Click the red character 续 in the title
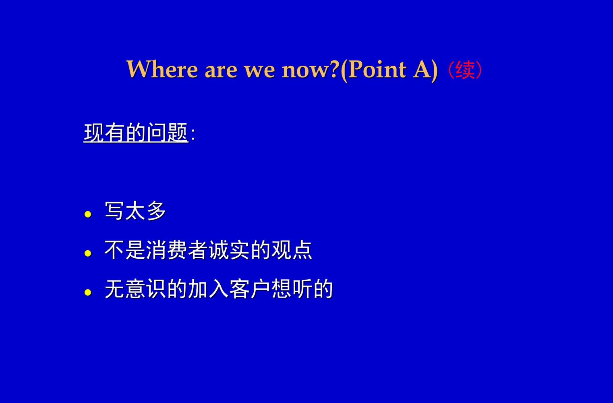pos(465,70)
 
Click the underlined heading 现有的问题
pos(136,133)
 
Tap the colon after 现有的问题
pos(193,135)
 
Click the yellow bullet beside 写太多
pos(88,214)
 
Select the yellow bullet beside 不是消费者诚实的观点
pos(88,253)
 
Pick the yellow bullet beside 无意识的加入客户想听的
pos(88,293)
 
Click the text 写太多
pos(135,210)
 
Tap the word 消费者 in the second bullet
pos(177,250)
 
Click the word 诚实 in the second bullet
pos(229,250)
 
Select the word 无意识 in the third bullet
pos(135,289)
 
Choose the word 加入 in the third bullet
pos(208,289)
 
